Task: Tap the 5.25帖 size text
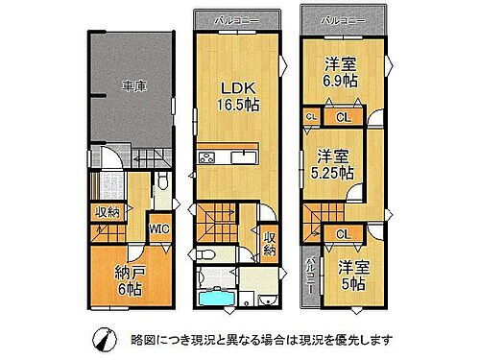coord(331,173)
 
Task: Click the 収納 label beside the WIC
coord(108,212)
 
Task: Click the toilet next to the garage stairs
coord(164,181)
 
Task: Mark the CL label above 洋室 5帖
coord(343,233)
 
